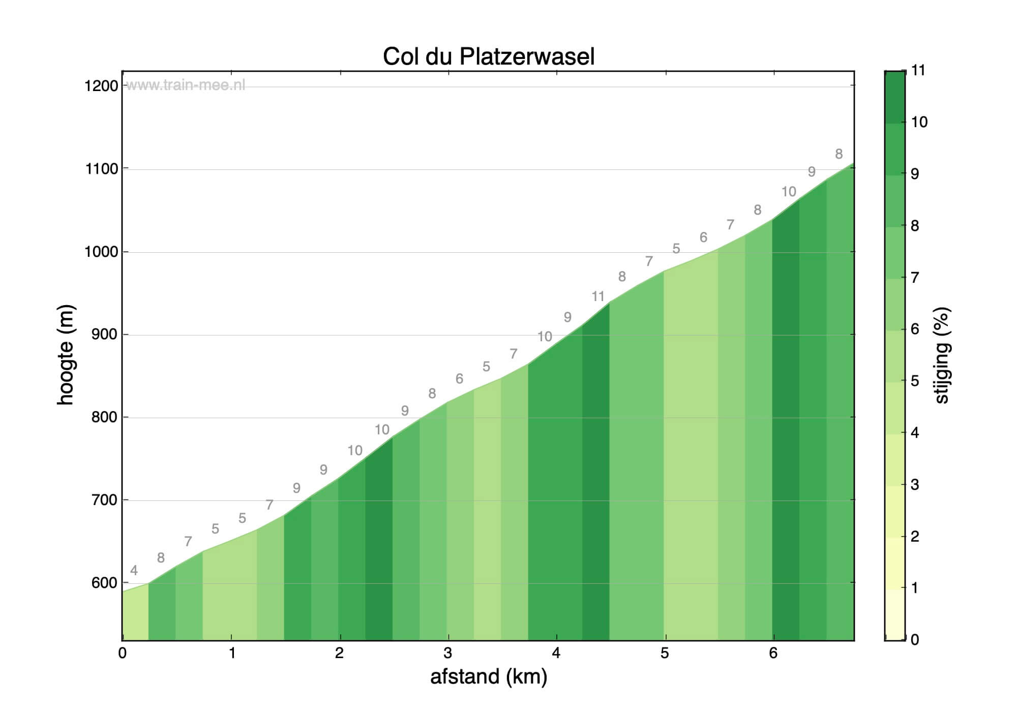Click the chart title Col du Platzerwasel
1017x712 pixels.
(488, 56)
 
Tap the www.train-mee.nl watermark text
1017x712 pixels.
(185, 85)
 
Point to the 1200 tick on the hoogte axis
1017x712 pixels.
(101, 86)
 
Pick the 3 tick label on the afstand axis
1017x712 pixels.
(447, 654)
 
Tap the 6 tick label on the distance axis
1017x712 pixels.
(773, 654)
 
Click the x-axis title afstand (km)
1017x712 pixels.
(488, 677)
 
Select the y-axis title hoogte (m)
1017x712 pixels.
(66, 354)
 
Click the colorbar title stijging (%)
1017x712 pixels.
(942, 355)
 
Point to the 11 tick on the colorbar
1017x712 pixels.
(918, 71)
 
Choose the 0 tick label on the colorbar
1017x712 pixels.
(915, 640)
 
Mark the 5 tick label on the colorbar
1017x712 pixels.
(915, 381)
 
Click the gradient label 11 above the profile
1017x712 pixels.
(598, 296)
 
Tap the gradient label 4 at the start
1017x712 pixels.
(134, 571)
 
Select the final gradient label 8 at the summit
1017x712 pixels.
(839, 154)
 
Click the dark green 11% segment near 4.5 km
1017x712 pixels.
(595, 483)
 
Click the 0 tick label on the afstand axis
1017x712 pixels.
(122, 654)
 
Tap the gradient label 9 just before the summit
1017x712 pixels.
(812, 172)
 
